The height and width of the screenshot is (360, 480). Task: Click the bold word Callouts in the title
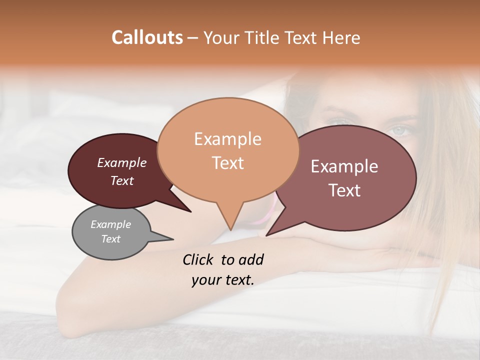(147, 37)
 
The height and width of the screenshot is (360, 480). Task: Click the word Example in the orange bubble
(227, 139)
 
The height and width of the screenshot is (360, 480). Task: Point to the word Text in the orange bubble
(227, 163)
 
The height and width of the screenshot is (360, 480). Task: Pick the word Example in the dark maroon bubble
(122, 163)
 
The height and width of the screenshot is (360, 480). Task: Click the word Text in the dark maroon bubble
(122, 180)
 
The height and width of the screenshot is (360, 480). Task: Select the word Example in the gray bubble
(110, 224)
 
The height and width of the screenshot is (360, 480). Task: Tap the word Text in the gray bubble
(110, 239)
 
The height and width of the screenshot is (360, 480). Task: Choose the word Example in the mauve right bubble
(344, 166)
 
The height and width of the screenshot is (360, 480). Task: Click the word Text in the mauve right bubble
(344, 190)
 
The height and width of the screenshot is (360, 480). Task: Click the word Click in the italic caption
(198, 259)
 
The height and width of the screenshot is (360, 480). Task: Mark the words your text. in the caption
(223, 280)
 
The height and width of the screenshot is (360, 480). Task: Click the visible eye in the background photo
(401, 131)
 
